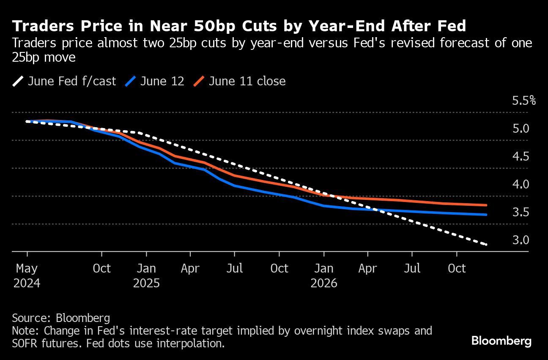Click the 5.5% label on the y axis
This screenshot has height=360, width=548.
tap(524, 101)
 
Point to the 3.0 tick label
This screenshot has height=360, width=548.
tap(521, 240)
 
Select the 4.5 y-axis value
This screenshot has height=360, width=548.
tap(521, 157)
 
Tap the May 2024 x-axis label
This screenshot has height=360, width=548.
tap(27, 275)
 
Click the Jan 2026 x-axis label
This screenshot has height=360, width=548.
tap(324, 275)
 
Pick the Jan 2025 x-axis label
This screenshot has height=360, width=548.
tap(146, 275)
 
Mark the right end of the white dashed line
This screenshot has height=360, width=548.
tap(486, 244)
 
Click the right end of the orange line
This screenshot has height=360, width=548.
tap(487, 205)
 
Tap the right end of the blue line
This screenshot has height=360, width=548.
tap(487, 215)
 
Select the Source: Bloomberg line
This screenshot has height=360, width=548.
tap(61, 318)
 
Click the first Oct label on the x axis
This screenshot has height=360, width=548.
tap(101, 269)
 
